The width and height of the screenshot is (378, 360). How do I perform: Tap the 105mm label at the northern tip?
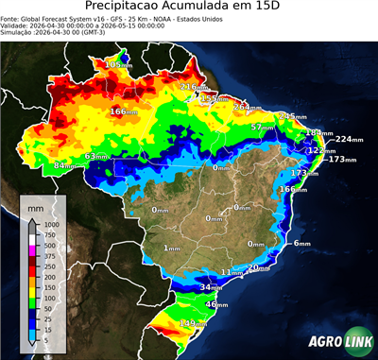119,63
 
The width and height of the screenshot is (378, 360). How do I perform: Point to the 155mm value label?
215,98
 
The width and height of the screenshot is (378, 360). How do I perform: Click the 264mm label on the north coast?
248,107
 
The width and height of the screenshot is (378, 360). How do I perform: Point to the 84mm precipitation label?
63,165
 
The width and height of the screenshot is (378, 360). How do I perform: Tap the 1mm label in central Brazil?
172,248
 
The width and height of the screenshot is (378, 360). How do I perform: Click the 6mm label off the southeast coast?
301,244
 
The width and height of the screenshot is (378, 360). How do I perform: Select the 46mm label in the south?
216,304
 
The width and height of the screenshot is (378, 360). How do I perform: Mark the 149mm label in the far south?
194,323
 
